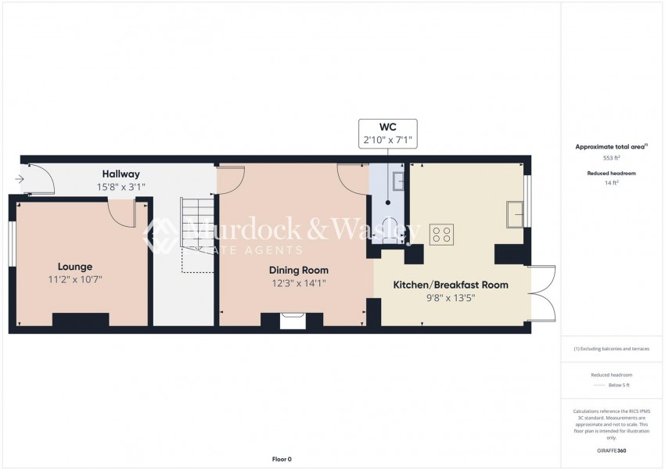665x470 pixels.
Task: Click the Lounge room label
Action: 74,266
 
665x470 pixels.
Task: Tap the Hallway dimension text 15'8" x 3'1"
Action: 120,187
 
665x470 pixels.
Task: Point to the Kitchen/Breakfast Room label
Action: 450,285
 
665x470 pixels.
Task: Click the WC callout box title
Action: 387,127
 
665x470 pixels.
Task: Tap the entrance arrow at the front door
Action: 20,180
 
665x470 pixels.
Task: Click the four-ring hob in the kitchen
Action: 440,235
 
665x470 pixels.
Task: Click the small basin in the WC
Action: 398,181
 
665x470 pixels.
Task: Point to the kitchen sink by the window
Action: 515,213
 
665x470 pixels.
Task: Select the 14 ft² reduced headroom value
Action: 613,182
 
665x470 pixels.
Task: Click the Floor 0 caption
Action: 281,459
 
